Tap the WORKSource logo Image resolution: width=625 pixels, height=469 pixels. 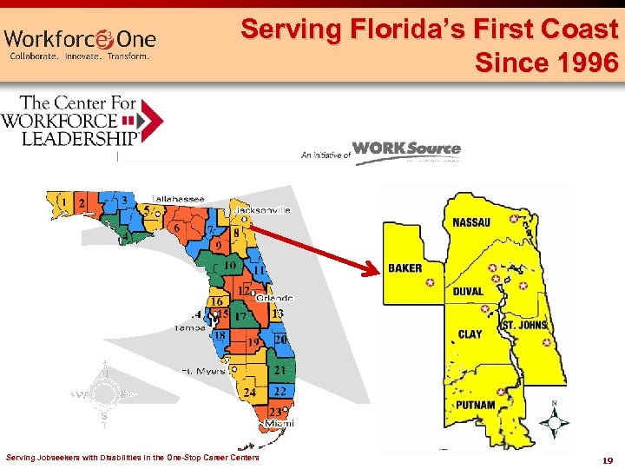coord(406,149)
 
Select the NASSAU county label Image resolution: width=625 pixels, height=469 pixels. coord(471,222)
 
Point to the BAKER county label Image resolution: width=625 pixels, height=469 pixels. coord(405,268)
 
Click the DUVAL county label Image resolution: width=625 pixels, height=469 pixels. coord(468,291)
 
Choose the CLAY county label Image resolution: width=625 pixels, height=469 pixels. coord(470,334)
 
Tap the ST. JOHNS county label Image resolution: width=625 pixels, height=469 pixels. coord(525,325)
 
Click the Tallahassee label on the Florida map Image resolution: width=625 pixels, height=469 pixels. coord(179,200)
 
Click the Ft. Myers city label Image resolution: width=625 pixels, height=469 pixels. coord(204,370)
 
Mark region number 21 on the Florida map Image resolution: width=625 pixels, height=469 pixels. coord(280,371)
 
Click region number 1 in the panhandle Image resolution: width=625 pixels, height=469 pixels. coord(63,202)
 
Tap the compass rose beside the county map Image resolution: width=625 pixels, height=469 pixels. coord(554,422)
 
